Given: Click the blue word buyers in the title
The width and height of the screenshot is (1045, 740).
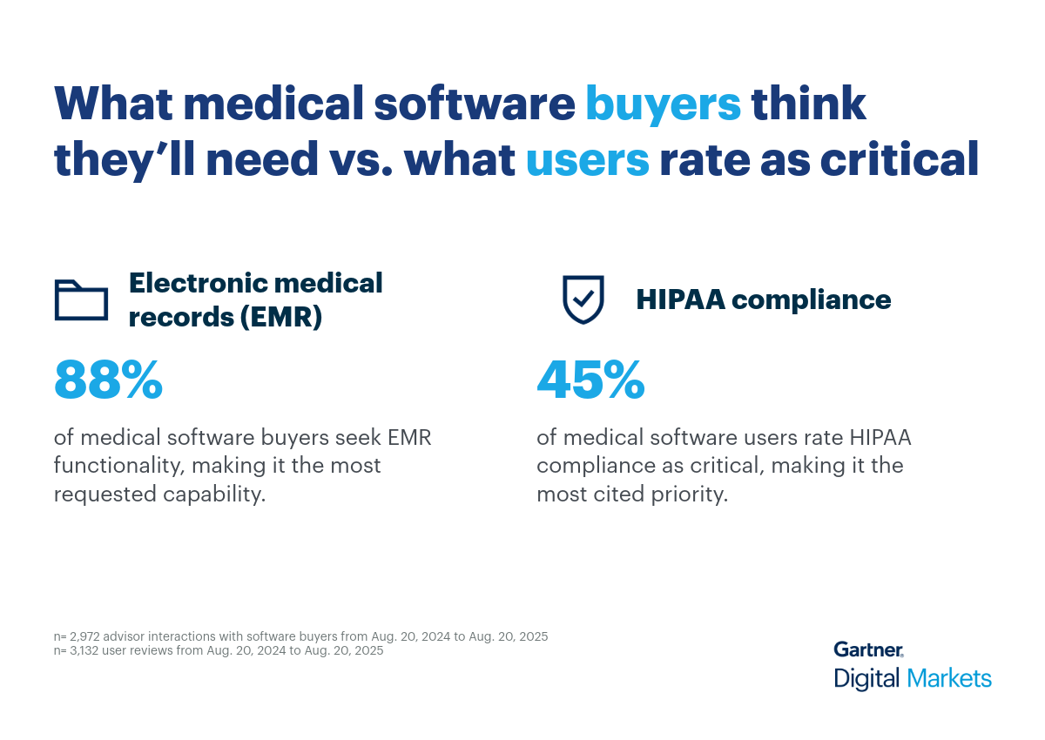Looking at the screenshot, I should [x=663, y=104].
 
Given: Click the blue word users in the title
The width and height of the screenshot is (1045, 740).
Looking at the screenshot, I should [x=588, y=161].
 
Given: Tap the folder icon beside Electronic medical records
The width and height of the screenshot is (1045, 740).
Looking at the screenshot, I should [x=81, y=299].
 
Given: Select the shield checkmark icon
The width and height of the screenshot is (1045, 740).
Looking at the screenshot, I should [x=582, y=299].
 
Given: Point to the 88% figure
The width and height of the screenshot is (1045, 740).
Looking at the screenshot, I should [x=108, y=380].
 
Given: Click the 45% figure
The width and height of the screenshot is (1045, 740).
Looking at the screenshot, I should [x=590, y=380].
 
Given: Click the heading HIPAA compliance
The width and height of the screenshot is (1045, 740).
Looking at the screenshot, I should [x=763, y=299].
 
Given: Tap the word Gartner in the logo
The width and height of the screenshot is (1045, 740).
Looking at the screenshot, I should [x=867, y=649].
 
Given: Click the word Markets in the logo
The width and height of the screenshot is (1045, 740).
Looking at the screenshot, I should [x=948, y=678].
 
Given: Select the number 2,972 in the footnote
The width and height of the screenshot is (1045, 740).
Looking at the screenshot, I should [x=86, y=636].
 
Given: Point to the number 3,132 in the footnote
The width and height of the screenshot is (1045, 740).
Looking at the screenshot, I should [x=86, y=650].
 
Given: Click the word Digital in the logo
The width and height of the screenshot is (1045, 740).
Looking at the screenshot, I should [x=866, y=678].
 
